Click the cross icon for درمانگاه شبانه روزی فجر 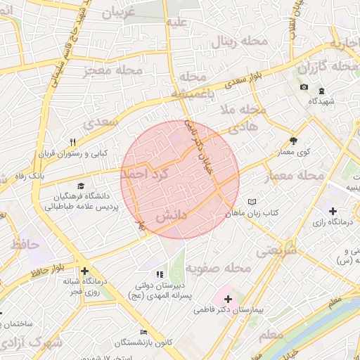tap(84, 271)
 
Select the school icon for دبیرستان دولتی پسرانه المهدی tap(160, 274)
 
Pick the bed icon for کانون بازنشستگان tap(144, 332)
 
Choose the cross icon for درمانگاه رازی tap(332, 211)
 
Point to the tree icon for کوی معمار tap(293, 140)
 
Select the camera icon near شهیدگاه tap(304, 87)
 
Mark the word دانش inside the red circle tap(170, 218)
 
